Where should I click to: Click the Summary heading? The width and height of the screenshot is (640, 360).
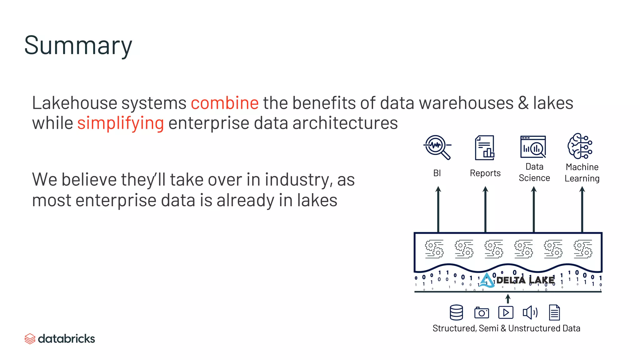[78, 46]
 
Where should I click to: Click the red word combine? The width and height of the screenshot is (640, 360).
[225, 103]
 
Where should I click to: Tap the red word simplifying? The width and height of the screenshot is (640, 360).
[120, 123]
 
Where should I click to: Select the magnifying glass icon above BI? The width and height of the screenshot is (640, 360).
[437, 147]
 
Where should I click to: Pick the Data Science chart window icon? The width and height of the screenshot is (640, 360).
[533, 147]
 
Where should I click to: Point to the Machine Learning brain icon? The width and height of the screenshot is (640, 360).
[580, 146]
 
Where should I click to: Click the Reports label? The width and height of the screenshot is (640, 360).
[485, 173]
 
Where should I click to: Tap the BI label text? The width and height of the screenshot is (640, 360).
[437, 173]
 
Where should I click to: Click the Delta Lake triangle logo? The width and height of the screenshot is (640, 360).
[486, 280]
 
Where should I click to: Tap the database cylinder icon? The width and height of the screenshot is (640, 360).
[456, 312]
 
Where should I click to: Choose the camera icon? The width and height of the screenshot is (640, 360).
[482, 312]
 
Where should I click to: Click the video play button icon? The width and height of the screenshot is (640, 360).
[506, 312]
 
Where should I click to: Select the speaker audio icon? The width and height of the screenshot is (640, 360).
[530, 312]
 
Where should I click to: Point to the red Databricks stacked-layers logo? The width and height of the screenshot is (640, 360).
[30, 339]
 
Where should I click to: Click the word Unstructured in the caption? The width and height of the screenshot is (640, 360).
[534, 328]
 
